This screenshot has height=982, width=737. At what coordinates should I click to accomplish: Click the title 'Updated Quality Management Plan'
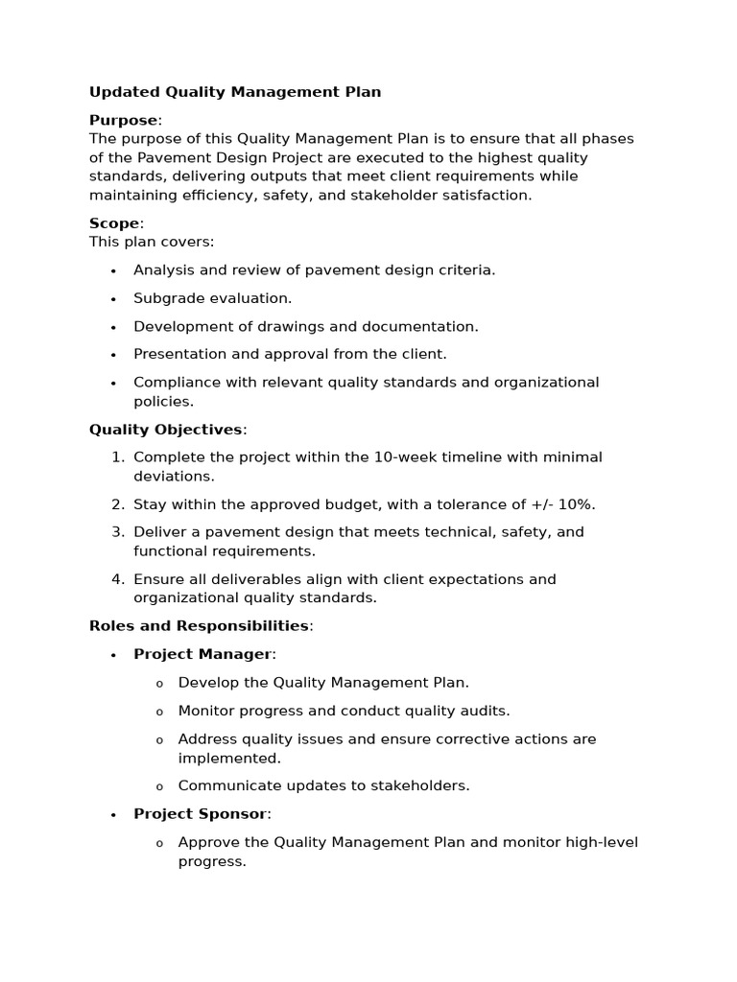235,92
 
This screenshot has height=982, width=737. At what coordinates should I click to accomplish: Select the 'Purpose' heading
123,120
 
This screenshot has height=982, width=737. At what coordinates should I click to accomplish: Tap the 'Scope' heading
114,223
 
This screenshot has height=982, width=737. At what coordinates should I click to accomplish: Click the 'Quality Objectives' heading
165,430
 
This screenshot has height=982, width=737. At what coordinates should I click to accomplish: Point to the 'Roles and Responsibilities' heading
199,626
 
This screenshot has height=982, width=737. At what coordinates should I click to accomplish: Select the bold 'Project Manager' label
202,654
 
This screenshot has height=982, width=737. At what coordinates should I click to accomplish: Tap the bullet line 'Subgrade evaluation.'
212,298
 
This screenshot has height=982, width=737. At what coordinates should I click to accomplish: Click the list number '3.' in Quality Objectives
118,532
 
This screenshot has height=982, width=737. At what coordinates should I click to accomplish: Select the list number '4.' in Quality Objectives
118,579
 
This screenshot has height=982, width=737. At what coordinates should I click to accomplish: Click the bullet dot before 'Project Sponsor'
113,815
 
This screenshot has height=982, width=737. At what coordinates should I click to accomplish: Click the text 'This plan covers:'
152,242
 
